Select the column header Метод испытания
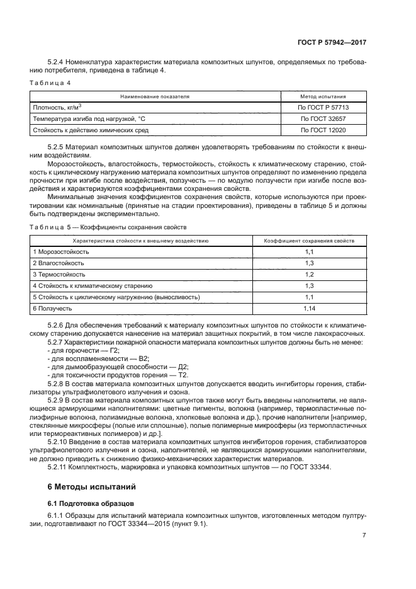coord(323,96)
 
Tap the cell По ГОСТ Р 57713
coord(323,108)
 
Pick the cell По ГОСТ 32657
coord(323,118)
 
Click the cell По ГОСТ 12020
coord(323,130)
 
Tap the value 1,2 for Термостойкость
coord(309,275)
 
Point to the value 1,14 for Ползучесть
coord(309,309)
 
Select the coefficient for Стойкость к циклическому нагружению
coord(309,297)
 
